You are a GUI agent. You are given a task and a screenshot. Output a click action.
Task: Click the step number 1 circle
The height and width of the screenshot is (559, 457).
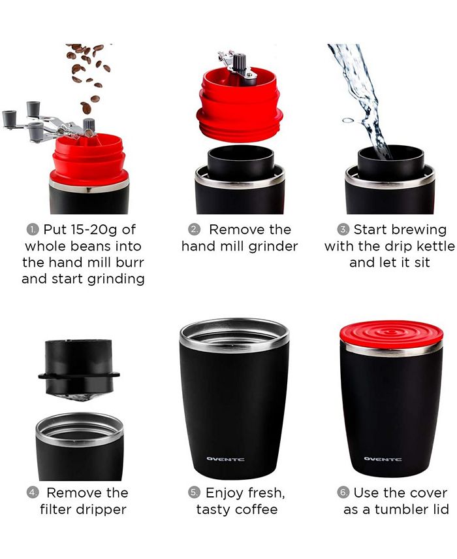pos(32,230)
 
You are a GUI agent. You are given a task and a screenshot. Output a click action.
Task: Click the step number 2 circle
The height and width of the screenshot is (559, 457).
pos(194,230)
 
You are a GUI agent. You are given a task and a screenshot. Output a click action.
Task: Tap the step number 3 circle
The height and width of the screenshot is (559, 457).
pos(343,230)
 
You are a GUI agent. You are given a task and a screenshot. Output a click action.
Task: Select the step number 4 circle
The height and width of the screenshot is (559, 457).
pos(32,493)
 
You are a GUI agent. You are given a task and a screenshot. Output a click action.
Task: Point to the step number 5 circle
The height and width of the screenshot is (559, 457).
pos(194,493)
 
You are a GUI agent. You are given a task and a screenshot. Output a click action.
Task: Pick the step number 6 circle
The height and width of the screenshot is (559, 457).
pos(343,493)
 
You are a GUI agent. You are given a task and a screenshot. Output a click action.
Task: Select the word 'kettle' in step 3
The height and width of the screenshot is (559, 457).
pos(430,246)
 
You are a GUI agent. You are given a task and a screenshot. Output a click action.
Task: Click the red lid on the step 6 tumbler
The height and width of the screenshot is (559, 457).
pos(391,333)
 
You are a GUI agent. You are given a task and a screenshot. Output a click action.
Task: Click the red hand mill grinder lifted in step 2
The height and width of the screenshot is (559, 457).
pos(240,105)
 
